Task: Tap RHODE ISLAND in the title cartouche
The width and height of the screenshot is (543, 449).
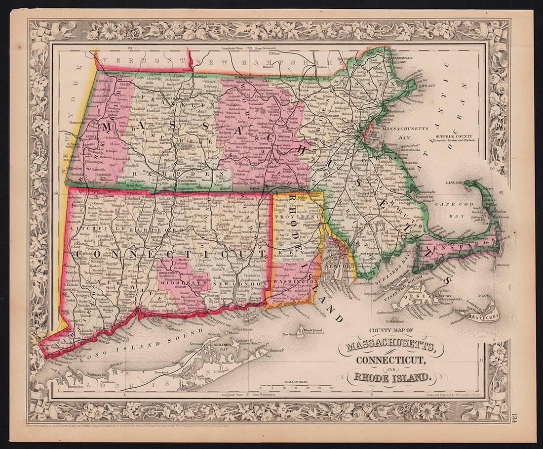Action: [391, 378]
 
